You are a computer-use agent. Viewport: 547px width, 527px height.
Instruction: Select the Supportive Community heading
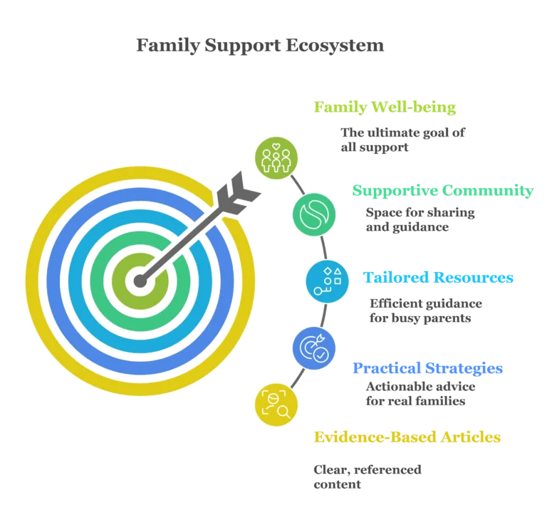pyautogui.click(x=442, y=191)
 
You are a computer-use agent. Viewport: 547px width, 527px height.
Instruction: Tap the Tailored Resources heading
pyautogui.click(x=439, y=278)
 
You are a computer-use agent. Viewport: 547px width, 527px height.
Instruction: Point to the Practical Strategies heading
pyautogui.click(x=427, y=369)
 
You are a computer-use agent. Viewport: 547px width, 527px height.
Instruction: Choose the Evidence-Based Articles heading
pyautogui.click(x=407, y=437)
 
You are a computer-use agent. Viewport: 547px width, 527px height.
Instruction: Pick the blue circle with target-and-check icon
pyautogui.click(x=314, y=348)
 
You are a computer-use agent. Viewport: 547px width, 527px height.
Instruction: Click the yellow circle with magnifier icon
pyautogui.click(x=276, y=405)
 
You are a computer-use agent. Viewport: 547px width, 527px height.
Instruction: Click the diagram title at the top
pyautogui.click(x=260, y=47)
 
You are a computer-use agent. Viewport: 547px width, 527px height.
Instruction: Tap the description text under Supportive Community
pyautogui.click(x=420, y=219)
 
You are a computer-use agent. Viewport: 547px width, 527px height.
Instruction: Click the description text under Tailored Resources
pyautogui.click(x=424, y=311)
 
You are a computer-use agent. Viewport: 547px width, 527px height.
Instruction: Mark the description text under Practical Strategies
pyautogui.click(x=420, y=393)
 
